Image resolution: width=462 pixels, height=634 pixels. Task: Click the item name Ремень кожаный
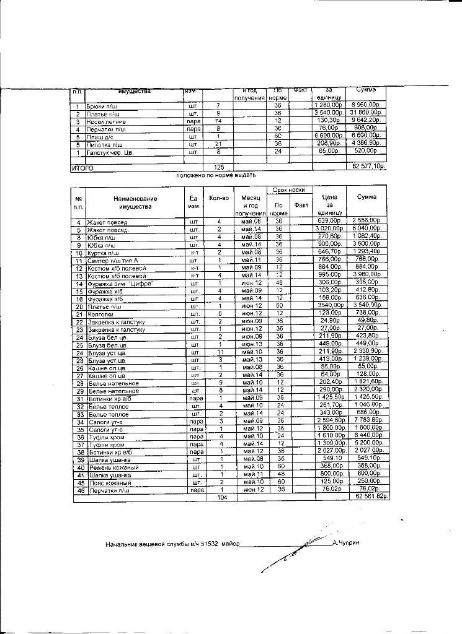[x=112, y=467]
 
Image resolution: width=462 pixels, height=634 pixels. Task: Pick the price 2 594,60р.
[x=330, y=420]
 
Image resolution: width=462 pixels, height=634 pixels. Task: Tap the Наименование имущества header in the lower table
[x=135, y=202]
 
